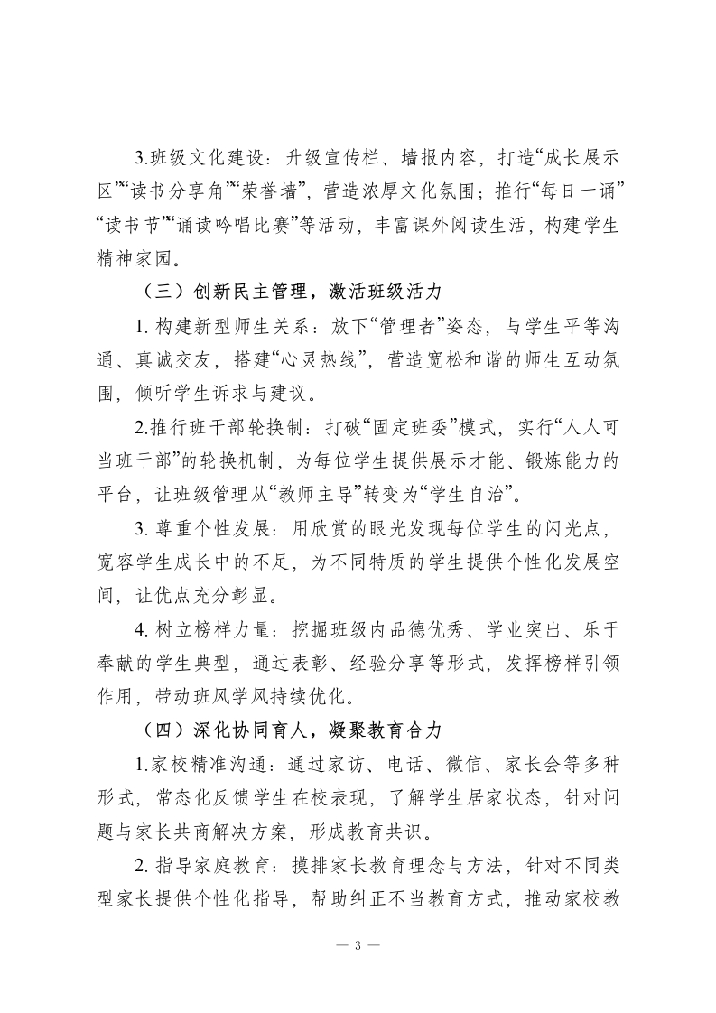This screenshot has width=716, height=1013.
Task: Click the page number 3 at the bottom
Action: (x=358, y=945)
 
